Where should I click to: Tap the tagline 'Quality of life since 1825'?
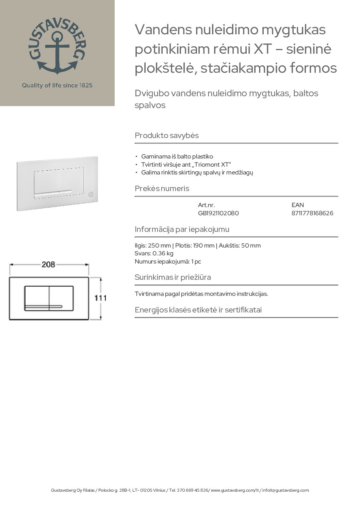57,85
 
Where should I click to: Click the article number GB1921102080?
218,213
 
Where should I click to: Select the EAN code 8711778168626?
312,213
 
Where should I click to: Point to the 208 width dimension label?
48,265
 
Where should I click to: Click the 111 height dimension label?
100,298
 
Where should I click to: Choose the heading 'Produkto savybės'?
167,135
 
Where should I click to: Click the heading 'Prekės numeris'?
162,188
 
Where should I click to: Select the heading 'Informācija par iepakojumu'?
182,229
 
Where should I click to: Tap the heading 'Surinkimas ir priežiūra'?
173,277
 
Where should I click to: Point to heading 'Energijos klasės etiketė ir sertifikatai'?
198,310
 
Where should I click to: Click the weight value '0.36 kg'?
163,253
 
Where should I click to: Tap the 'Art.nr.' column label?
206,205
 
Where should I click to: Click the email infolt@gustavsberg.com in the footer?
285,490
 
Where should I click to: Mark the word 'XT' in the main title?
263,49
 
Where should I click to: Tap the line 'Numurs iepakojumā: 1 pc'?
168,261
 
